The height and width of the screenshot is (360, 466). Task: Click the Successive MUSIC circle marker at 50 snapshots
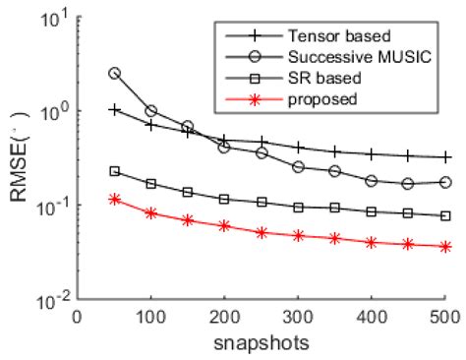pyautogui.click(x=114, y=73)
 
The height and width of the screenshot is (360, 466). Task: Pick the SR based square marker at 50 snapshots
pyautogui.click(x=114, y=171)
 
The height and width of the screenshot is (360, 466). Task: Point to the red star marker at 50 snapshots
pyautogui.click(x=114, y=199)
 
